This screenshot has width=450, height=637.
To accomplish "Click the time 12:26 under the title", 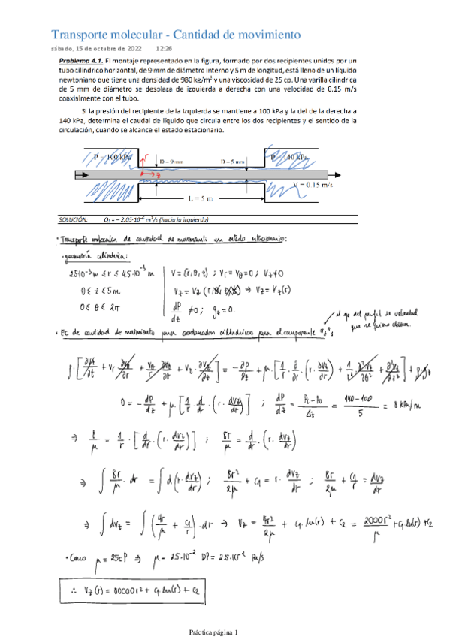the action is coord(164,47).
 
